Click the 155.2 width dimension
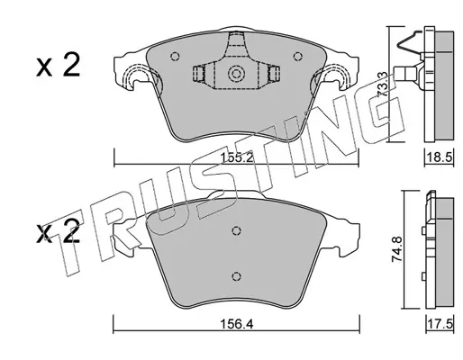(x=237, y=157)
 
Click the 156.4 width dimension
(x=237, y=324)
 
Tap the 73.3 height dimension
(x=382, y=85)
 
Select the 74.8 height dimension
(x=396, y=249)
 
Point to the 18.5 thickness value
(x=440, y=157)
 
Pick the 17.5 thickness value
(x=440, y=324)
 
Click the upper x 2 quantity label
(x=59, y=65)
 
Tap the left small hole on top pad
(x=175, y=57)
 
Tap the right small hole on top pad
(x=297, y=56)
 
